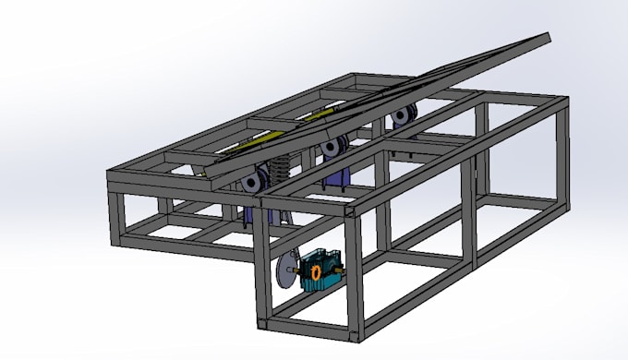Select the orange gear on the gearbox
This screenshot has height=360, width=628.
point(315,272)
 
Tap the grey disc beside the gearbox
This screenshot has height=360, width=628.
point(285,275)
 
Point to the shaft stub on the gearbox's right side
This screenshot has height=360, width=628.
point(342,270)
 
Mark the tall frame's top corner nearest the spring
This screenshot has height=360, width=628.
point(264,196)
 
